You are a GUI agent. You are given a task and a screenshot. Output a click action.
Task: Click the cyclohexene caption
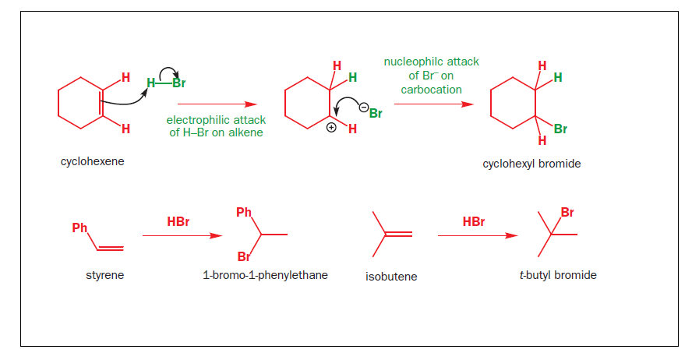92,162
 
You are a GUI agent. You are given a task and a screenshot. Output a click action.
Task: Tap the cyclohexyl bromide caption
531,164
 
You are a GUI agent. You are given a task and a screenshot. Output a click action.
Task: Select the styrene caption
104,275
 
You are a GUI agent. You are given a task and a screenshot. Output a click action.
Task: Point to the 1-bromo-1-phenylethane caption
265,275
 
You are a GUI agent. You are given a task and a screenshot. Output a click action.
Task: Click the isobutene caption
391,277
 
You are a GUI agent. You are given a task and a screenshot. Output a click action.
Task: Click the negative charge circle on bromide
363,105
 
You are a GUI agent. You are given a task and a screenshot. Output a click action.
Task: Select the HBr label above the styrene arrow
178,222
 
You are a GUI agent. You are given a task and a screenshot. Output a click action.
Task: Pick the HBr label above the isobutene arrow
473,222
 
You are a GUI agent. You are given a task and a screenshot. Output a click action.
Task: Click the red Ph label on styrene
79,228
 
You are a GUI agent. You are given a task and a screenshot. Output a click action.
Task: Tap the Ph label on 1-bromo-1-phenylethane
244,212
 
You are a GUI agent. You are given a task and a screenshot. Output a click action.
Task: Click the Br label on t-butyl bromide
567,212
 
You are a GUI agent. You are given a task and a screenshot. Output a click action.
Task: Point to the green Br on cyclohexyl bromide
560,129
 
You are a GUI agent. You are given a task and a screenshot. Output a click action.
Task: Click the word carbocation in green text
431,90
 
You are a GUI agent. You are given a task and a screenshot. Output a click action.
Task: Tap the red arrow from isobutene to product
477,235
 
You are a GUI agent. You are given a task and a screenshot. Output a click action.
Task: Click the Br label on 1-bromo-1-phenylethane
244,256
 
